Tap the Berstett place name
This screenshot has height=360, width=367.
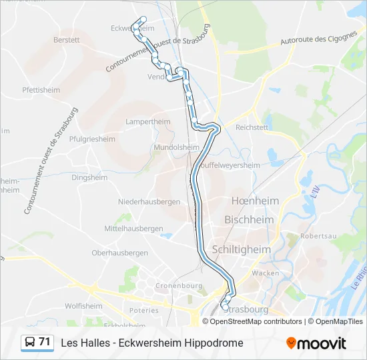pyautogui.click(x=67, y=40)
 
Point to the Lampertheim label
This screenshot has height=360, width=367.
pyautogui.click(x=148, y=122)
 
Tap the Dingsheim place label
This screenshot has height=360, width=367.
pyautogui.click(x=89, y=178)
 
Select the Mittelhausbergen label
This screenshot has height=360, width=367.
pyautogui.click(x=133, y=229)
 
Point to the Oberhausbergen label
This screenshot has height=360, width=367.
pyautogui.click(x=119, y=253)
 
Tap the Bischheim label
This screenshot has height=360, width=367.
pyautogui.click(x=249, y=219)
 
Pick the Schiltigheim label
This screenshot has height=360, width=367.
pyautogui.click(x=241, y=249)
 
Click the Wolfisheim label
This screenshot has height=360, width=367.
pyautogui.click(x=83, y=306)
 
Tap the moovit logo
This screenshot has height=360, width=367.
pyautogui.click(x=316, y=343)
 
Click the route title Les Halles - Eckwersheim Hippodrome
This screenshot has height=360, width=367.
pyautogui.click(x=152, y=343)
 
